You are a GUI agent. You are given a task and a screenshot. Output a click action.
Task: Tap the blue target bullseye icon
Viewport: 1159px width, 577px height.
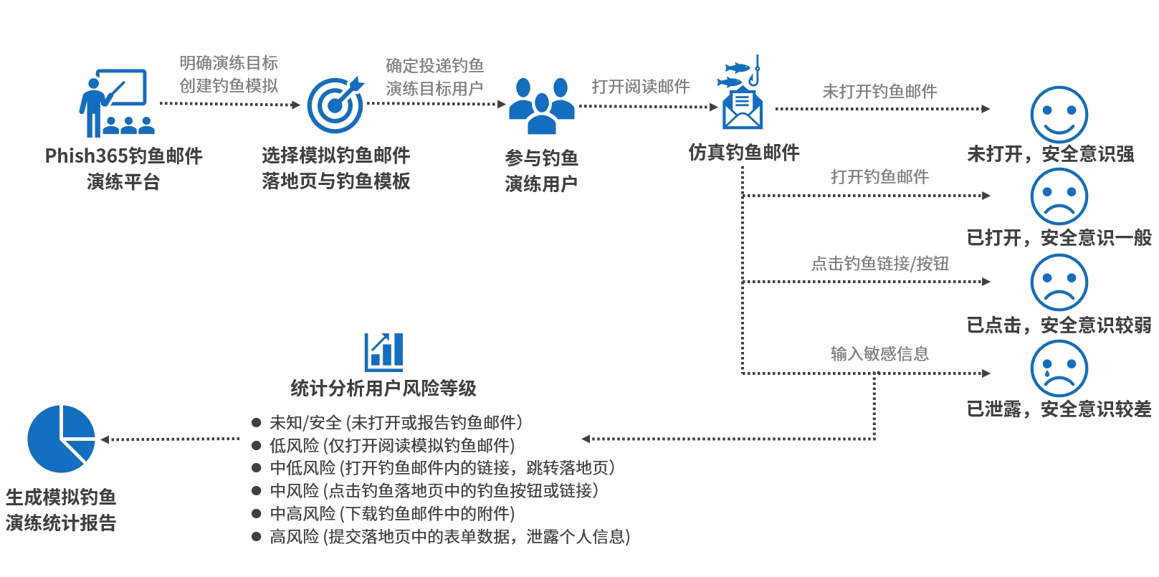tap(335, 105)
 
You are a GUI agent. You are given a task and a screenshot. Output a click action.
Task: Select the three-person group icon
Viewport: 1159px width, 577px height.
tap(542, 106)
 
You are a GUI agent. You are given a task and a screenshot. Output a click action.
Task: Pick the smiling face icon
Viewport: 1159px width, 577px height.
tap(1059, 115)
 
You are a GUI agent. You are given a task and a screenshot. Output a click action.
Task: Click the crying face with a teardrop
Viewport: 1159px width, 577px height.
tap(1059, 368)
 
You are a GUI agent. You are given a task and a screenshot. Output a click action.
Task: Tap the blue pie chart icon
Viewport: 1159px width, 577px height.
tap(61, 439)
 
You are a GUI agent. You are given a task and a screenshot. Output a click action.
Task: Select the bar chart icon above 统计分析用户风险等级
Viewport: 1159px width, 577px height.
tap(383, 351)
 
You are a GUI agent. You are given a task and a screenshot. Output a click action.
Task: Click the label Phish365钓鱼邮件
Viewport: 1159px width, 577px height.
tap(123, 156)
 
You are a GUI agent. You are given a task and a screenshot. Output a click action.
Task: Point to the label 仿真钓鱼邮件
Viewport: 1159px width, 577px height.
tap(743, 152)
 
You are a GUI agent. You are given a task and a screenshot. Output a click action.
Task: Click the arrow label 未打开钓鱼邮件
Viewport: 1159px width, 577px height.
tap(879, 92)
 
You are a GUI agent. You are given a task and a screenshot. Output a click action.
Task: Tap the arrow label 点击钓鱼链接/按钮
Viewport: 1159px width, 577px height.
tap(879, 264)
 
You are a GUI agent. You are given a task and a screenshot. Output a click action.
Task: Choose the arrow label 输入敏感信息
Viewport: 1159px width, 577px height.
tap(879, 353)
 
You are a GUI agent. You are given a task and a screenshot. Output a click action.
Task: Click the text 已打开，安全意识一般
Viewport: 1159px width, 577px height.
tap(1059, 237)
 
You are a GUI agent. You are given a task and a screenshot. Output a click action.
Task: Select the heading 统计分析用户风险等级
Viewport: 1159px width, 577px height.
tap(383, 388)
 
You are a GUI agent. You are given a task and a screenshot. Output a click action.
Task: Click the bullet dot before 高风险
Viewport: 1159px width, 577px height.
tap(256, 537)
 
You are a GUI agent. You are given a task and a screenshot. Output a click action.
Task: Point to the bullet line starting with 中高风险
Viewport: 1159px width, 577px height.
tap(392, 514)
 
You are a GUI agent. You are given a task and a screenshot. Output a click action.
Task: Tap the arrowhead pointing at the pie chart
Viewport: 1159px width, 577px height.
tap(105, 439)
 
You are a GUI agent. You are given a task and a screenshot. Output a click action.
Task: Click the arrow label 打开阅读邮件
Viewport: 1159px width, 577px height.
tap(641, 87)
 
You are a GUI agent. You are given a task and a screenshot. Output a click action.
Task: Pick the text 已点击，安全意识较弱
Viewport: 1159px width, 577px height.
tap(1059, 325)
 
